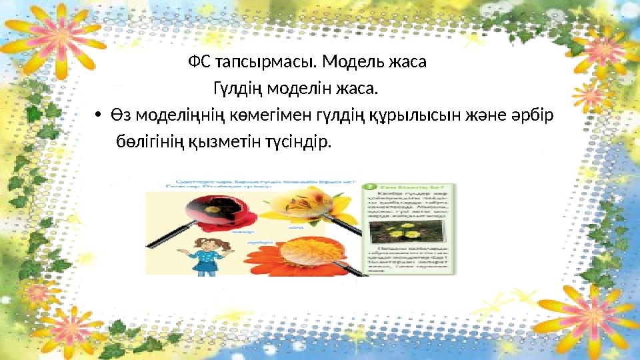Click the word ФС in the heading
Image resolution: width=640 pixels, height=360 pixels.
(198, 63)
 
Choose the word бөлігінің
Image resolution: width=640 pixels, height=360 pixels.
(148, 142)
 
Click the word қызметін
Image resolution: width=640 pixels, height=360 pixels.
(217, 142)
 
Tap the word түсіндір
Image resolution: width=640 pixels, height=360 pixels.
(292, 142)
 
